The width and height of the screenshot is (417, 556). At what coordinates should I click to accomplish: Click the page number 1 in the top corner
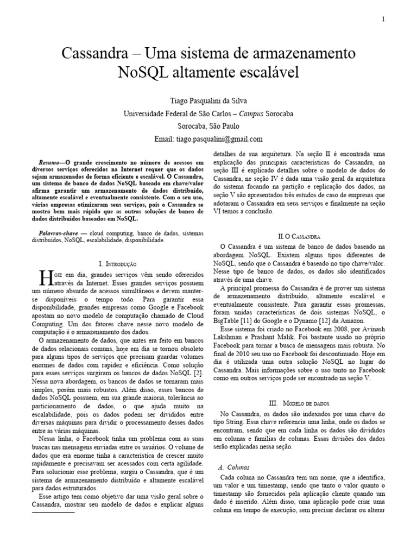[x=383, y=20]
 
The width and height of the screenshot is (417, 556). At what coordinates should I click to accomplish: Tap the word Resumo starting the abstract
[x=51, y=162]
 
